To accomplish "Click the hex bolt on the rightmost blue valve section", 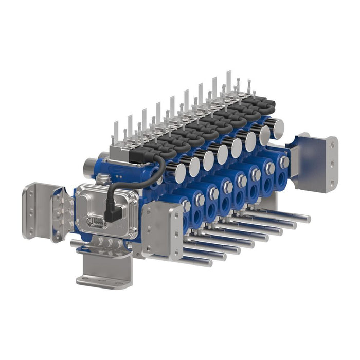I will click(283, 161).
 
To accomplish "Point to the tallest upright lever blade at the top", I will click(228, 82).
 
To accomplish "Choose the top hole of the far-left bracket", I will click(29, 193).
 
